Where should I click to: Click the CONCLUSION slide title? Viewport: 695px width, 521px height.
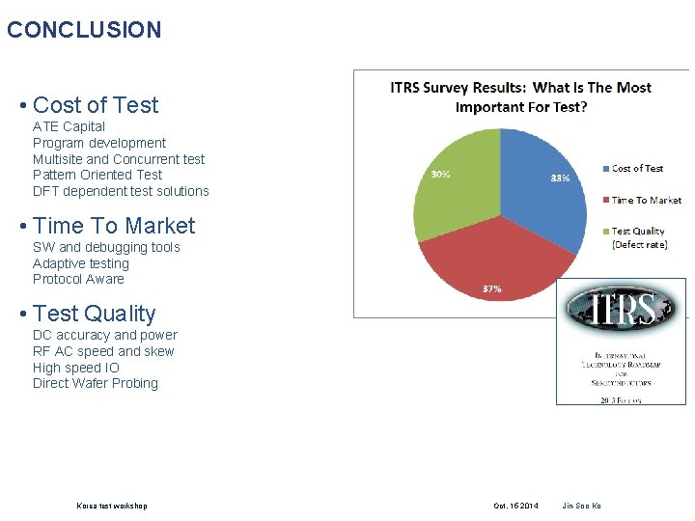pos(84,30)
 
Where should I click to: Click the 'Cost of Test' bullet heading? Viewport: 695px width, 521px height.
pos(95,105)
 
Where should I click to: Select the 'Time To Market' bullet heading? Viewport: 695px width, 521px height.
pos(113,226)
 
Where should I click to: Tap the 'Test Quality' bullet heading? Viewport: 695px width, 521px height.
pos(94,314)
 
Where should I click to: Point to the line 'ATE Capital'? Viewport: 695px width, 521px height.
pos(69,126)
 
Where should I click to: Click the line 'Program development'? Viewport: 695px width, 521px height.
pos(99,143)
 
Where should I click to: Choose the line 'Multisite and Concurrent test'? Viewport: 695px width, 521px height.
pos(119,159)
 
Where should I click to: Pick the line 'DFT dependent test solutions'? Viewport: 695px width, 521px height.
pos(121,191)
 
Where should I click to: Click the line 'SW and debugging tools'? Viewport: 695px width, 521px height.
pos(106,247)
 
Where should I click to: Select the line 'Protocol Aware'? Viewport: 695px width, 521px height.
pos(78,279)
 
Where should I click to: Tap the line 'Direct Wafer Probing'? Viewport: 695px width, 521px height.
pos(96,383)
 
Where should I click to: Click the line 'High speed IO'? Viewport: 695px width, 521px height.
pos(76,368)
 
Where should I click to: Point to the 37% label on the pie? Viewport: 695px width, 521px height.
pos(491,288)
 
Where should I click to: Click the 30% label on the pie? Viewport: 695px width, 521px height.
pos(439,175)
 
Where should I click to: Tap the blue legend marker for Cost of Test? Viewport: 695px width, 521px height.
pos(605,169)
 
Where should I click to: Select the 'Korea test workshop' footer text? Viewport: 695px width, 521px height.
pos(112,506)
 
